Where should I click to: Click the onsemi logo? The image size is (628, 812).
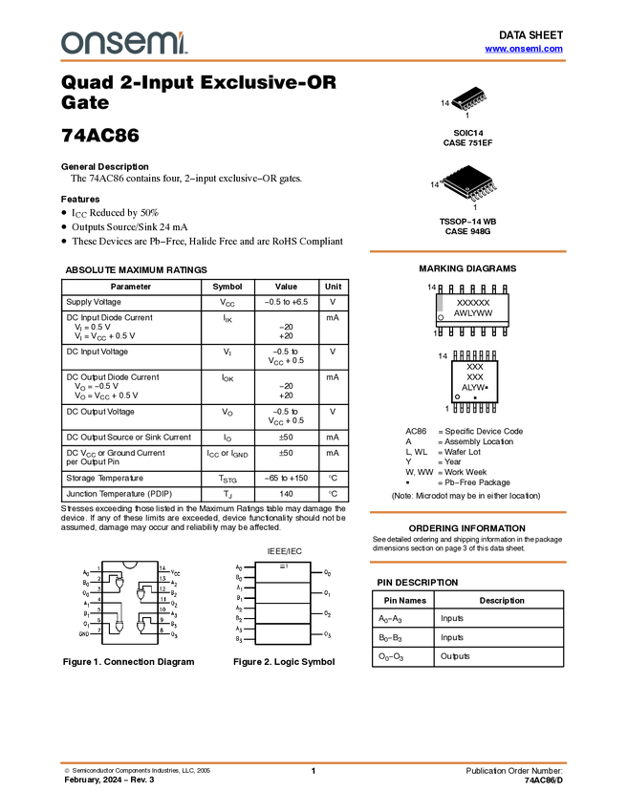(x=124, y=43)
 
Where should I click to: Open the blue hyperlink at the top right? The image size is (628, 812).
(x=524, y=49)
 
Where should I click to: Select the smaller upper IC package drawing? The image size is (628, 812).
(x=469, y=101)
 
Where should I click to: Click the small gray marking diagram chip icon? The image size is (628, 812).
(x=439, y=303)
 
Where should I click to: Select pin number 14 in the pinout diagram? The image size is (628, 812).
(x=162, y=568)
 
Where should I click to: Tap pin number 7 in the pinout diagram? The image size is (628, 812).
(x=98, y=630)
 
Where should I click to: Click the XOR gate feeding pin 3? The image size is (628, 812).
(x=119, y=581)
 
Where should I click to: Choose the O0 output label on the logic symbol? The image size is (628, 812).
(x=327, y=573)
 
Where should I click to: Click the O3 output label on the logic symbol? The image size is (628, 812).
(x=327, y=634)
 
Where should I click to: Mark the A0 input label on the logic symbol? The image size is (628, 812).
(x=239, y=568)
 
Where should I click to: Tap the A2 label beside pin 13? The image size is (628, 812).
(x=175, y=583)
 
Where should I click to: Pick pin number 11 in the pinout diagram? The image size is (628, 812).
(x=162, y=599)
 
